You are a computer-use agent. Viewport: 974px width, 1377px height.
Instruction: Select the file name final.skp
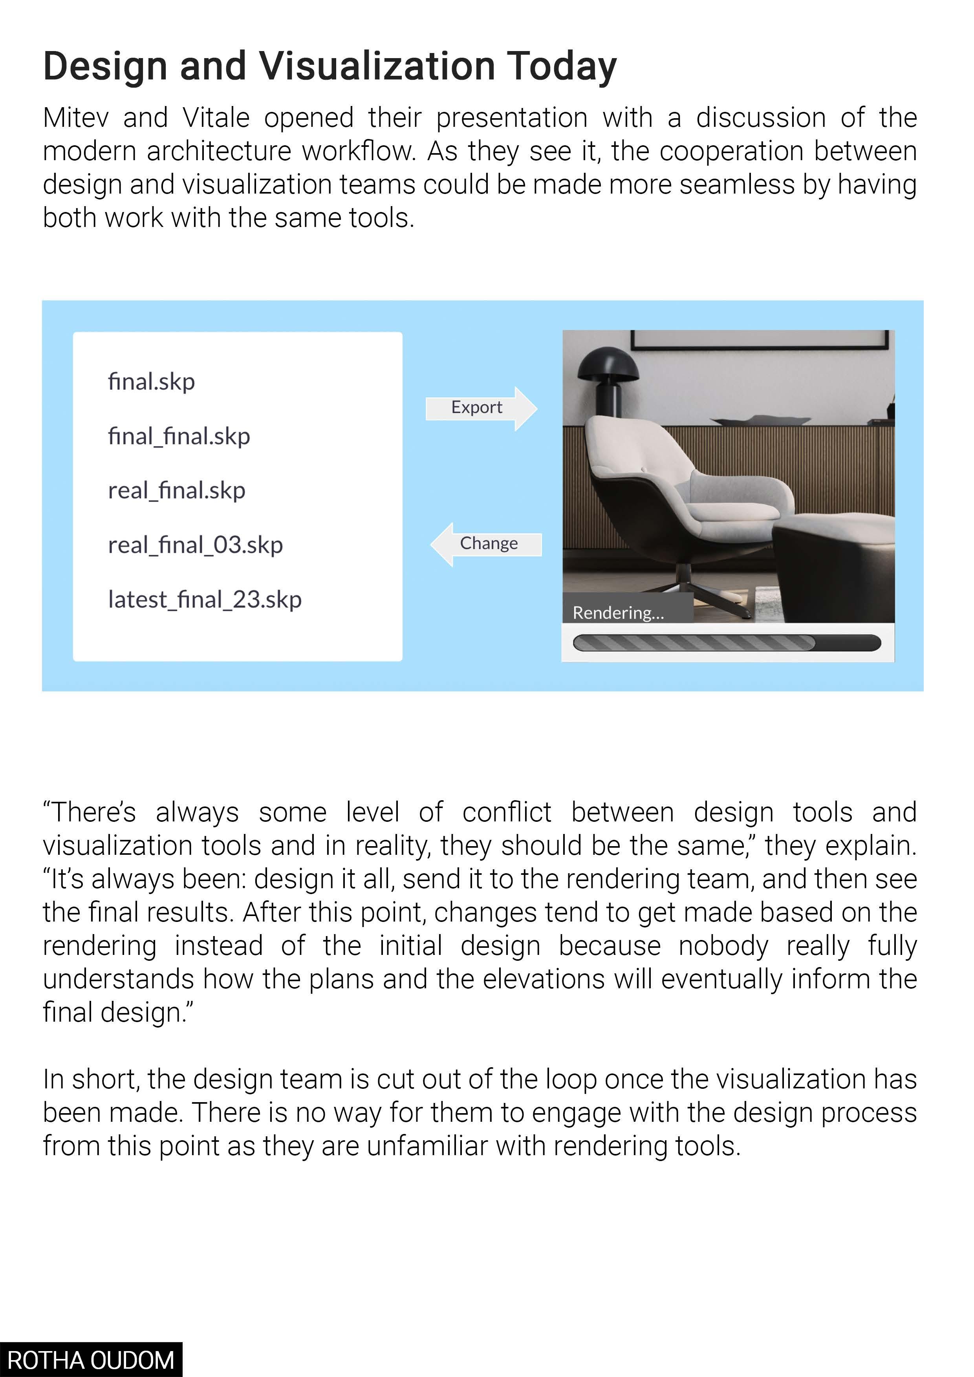click(x=151, y=381)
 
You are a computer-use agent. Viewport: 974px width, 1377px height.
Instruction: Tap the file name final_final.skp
click(x=179, y=436)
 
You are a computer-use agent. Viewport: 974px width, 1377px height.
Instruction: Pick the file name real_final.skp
click(x=176, y=490)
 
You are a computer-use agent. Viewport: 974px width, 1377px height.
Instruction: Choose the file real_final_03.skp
click(x=195, y=545)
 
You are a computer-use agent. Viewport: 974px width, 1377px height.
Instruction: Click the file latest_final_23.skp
click(x=205, y=600)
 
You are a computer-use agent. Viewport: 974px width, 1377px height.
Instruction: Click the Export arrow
click(x=480, y=408)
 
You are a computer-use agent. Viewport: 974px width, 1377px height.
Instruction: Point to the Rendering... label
click(x=618, y=613)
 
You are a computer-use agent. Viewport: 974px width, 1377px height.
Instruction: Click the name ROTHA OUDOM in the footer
click(x=91, y=1360)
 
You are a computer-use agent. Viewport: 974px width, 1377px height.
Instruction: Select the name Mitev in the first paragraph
click(x=75, y=117)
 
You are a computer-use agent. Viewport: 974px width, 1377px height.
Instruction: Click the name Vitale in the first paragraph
click(x=216, y=117)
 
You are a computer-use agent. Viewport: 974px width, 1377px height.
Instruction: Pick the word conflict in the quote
click(x=507, y=812)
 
